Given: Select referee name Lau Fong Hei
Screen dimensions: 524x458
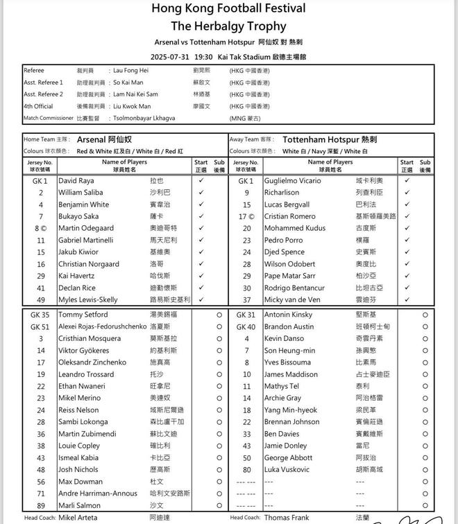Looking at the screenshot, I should point(130,71).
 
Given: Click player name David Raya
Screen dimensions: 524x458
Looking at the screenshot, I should point(76,180).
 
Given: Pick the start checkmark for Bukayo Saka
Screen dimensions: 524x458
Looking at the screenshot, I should point(201,216).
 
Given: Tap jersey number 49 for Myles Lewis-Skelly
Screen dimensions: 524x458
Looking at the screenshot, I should point(41,300).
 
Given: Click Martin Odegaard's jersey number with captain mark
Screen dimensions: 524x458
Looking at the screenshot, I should point(40,228).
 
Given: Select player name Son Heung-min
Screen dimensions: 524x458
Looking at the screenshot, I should point(289,351).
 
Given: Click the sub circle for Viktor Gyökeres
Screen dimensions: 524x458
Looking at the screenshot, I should point(219,351).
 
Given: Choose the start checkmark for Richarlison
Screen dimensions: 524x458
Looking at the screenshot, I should point(407,192).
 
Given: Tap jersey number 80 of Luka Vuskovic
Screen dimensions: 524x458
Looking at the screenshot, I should point(246,470).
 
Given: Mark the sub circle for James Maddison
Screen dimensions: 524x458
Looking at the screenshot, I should point(425,374).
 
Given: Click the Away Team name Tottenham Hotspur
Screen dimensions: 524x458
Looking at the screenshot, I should point(320,139).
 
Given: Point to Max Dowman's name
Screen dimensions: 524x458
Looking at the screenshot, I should point(81,482).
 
